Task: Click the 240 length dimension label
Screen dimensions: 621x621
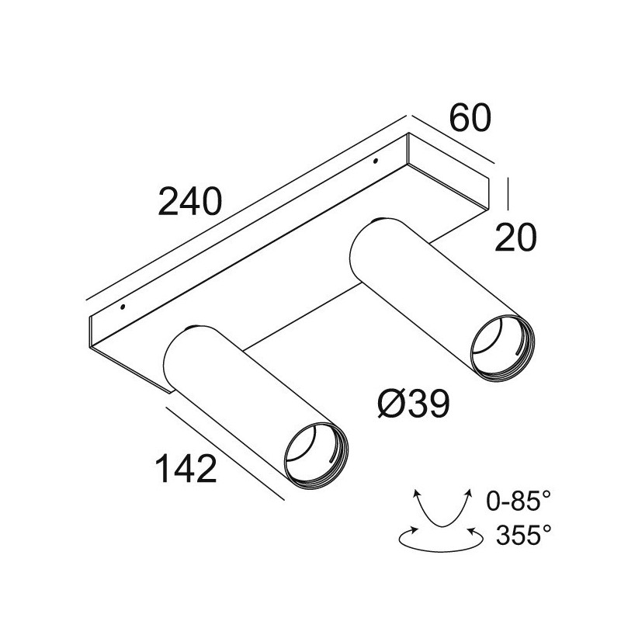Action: [x=191, y=203]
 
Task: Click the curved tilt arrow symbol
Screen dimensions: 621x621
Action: [x=442, y=509]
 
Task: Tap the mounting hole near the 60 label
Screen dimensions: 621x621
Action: [x=375, y=161]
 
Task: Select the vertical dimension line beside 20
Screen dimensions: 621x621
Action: [x=507, y=193]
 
